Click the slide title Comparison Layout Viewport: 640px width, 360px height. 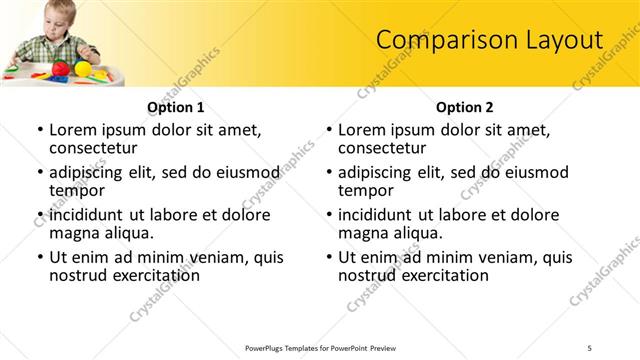pyautogui.click(x=489, y=40)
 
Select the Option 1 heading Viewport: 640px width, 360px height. pyautogui.click(x=176, y=106)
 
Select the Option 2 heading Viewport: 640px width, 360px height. pyautogui.click(x=465, y=106)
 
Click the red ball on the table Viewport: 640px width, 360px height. pyautogui.click(x=60, y=69)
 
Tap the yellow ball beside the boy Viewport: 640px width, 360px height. pyautogui.click(x=83, y=67)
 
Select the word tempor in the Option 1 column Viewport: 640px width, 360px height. pyautogui.click(x=76, y=190)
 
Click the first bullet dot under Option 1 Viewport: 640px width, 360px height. pyautogui.click(x=39, y=130)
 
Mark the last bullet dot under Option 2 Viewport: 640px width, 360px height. pyautogui.click(x=328, y=257)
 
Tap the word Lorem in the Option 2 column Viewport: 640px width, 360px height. pyautogui.click(x=361, y=130)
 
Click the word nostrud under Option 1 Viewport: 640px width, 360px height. pyautogui.click(x=78, y=275)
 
